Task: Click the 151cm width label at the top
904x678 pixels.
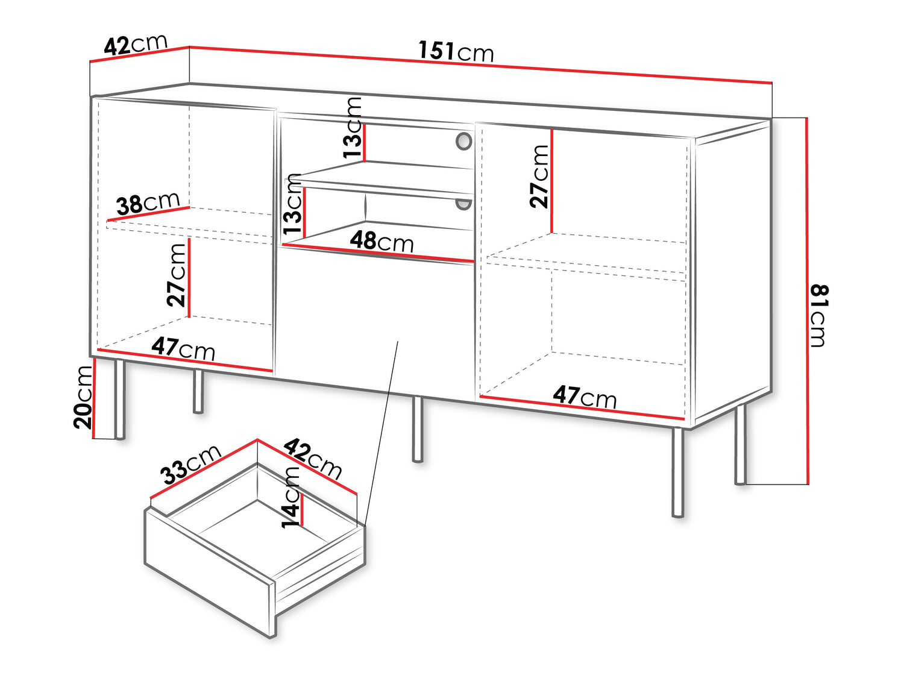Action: [456, 52]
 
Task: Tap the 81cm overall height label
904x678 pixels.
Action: [819, 316]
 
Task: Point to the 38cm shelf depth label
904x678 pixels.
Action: [148, 203]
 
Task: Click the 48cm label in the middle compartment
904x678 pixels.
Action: [381, 242]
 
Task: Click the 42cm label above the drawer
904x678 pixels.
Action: [313, 459]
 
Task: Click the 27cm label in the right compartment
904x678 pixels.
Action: [539, 176]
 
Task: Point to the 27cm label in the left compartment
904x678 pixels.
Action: [176, 275]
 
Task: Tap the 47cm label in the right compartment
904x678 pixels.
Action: [585, 397]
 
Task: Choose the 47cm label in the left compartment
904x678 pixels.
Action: [183, 349]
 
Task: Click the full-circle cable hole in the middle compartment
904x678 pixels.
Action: [463, 141]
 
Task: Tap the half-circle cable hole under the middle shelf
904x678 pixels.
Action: [463, 204]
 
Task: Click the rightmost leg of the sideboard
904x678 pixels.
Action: [741, 445]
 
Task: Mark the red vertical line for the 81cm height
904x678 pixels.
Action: [807, 301]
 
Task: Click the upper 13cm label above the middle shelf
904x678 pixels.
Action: [353, 128]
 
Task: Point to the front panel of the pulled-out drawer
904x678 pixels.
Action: [209, 572]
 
